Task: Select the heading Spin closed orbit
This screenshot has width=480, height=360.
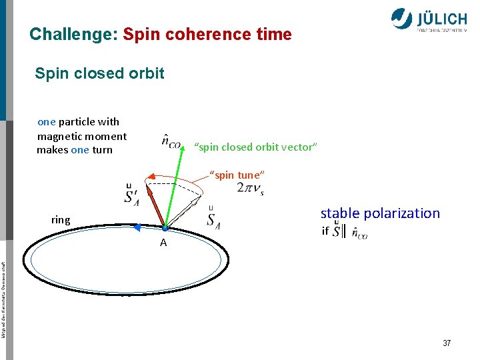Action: [99, 73]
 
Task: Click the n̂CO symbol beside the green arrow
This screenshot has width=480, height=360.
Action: [171, 143]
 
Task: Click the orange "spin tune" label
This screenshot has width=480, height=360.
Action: [237, 175]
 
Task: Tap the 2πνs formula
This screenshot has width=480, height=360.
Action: [251, 189]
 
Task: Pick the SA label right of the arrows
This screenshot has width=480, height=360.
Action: [213, 218]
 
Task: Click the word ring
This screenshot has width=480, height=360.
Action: [61, 219]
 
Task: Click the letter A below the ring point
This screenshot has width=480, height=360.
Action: [163, 243]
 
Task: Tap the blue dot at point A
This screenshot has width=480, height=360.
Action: [164, 228]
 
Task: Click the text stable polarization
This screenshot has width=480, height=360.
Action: [380, 213]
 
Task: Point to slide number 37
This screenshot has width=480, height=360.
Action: [447, 343]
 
